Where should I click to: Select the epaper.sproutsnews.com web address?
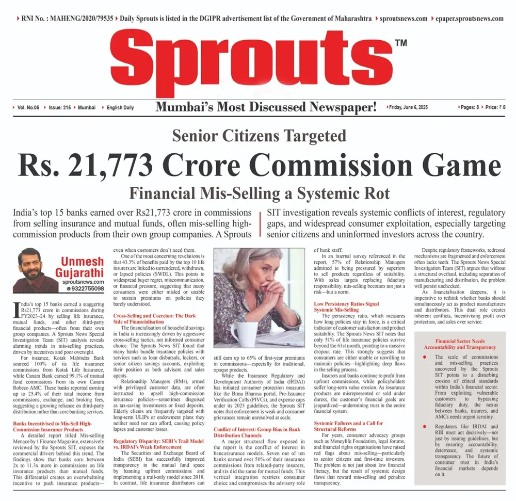click(x=469, y=19)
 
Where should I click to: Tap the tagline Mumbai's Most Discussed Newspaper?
click(x=266, y=107)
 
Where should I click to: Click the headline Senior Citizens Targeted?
click(x=259, y=136)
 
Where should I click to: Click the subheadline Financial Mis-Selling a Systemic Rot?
click(x=259, y=193)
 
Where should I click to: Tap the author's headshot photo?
click(x=34, y=270)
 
